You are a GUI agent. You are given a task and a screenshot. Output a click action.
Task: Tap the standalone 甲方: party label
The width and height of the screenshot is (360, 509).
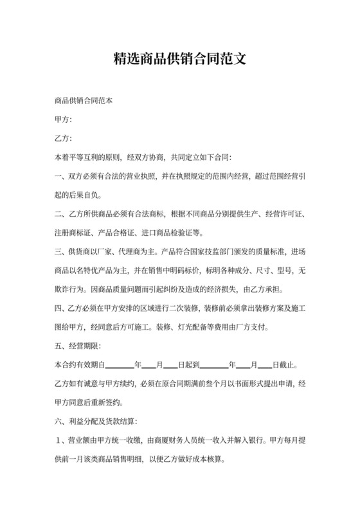pyautogui.click(x=63, y=120)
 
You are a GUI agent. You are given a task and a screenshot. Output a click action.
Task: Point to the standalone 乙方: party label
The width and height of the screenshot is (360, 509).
pyautogui.click(x=63, y=139)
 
